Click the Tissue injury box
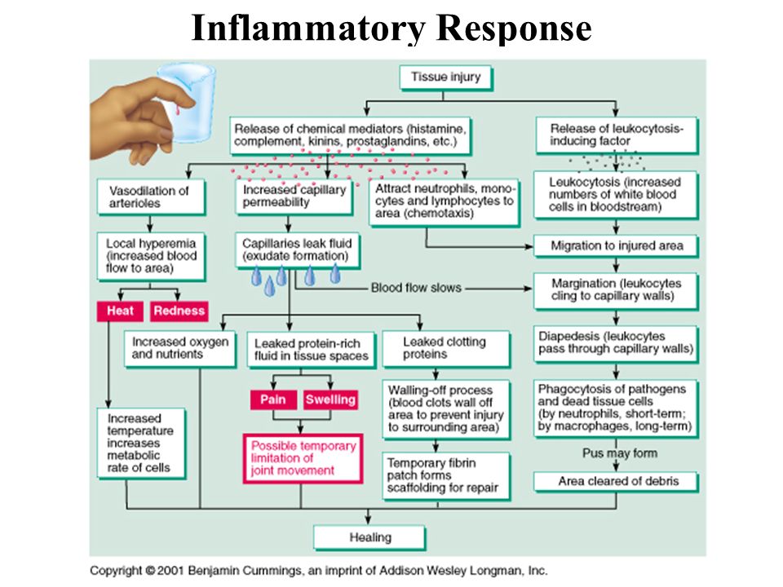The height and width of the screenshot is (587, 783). pos(446,78)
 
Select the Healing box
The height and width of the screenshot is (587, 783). pos(369,537)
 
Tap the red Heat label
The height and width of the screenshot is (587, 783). pos(121,311)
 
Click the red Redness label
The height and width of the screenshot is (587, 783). pos(179,311)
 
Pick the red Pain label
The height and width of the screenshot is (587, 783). pos(274,399)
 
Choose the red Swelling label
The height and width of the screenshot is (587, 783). pos(330,399)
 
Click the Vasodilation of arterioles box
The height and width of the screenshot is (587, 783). pos(152,197)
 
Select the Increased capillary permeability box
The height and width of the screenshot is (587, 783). pos(294,196)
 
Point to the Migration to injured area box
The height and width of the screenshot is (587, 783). pos(616,246)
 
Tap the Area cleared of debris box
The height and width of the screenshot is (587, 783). pos(616,482)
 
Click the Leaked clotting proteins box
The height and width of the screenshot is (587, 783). pos(446,349)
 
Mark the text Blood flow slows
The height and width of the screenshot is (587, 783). pos(416,288)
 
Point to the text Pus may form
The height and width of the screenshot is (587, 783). pos(620,453)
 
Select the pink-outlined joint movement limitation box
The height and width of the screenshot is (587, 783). pos(303,459)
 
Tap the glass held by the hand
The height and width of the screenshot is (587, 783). pos(188,103)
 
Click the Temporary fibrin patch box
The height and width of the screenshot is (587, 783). pos(446,475)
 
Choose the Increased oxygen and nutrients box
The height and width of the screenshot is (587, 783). pos(179,348)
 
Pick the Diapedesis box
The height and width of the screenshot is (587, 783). pos(616,343)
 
